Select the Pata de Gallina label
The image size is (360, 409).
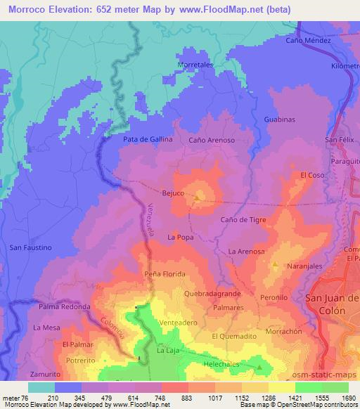(x=148, y=139)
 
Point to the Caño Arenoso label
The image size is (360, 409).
(x=212, y=140)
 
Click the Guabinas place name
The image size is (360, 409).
(x=279, y=119)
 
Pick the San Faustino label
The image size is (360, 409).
(x=31, y=247)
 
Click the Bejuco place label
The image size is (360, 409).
(x=173, y=193)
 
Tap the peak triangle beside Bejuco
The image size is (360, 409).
(x=197, y=197)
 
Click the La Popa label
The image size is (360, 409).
(x=180, y=238)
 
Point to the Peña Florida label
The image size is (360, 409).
(x=165, y=273)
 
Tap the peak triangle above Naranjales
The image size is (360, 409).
(x=276, y=265)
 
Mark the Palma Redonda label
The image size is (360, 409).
(x=65, y=307)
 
